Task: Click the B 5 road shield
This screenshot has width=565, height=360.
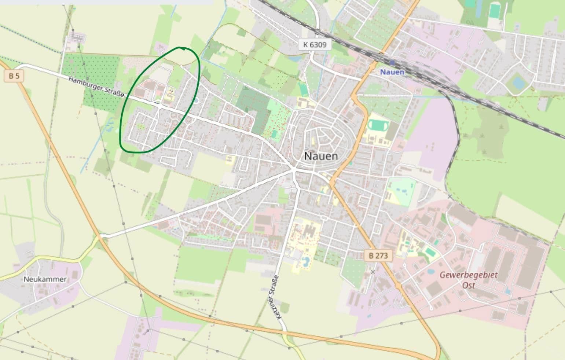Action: tap(14, 76)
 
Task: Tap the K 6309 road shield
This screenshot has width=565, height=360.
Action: tap(314, 45)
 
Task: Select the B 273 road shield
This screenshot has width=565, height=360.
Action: tap(378, 256)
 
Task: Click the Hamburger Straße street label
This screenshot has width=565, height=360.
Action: tap(96, 87)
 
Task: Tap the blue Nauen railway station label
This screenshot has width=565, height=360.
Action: tap(392, 72)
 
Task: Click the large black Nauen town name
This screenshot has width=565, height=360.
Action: tap(321, 156)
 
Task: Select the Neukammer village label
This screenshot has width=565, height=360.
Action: tap(45, 279)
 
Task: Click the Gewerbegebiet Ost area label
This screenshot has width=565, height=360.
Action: tap(468, 280)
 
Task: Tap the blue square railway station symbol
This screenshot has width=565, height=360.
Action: tap(392, 63)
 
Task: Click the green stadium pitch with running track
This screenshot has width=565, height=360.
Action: tap(377, 126)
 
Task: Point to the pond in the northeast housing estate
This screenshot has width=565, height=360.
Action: tap(518, 82)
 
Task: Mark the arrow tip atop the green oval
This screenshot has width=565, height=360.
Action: tap(182, 48)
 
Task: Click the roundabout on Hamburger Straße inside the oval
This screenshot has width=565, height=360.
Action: tap(158, 104)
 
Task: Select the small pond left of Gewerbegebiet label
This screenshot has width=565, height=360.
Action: tap(430, 272)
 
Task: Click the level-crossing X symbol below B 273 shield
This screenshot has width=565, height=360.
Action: tap(373, 272)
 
